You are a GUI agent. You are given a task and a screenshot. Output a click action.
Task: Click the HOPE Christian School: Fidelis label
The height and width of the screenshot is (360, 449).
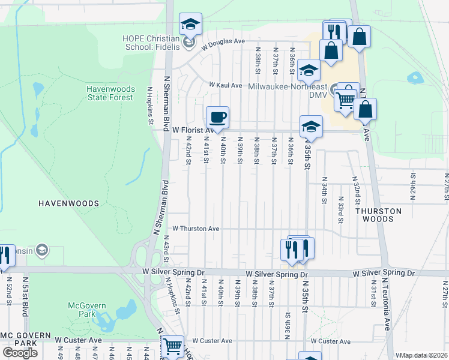coord(151,37)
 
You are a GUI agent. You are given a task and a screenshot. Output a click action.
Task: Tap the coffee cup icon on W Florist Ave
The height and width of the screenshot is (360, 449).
coord(218,117)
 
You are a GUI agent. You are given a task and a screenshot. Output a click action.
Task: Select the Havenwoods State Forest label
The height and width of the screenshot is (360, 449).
coord(110,93)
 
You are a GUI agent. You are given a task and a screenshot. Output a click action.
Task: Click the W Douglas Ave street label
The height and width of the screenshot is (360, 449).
coord(223,41)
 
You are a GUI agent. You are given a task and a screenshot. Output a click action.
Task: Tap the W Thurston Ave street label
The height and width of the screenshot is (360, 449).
coord(196,229)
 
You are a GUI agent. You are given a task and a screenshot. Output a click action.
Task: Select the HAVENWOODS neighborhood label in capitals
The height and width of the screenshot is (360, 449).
coord(68,203)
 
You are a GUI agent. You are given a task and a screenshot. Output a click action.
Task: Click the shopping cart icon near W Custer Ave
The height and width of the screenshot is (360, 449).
coord(173,345)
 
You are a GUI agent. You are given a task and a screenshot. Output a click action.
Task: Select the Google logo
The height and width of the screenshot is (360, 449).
coord(20,353)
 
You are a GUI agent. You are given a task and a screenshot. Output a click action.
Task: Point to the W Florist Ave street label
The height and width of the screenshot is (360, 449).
coord(193,130)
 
